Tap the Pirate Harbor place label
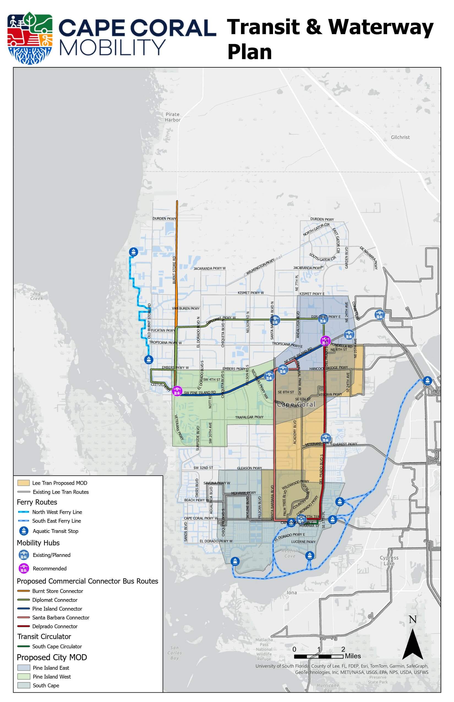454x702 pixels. [173, 117]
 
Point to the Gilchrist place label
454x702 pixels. [400, 137]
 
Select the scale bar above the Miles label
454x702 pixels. [319, 657]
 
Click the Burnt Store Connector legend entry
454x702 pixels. [58, 591]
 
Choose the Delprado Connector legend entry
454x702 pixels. [55, 627]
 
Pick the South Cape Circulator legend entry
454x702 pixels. [57, 647]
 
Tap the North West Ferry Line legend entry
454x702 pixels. [57, 512]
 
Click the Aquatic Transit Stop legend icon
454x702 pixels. [24, 531]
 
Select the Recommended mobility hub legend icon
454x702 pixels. [24, 568]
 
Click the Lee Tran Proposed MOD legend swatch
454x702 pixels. [24, 483]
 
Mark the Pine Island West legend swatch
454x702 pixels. [24, 677]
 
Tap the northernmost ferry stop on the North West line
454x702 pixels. [133, 252]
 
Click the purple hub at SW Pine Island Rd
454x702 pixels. [177, 391]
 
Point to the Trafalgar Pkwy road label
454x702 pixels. [249, 417]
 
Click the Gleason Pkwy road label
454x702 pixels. [249, 468]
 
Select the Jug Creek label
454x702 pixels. [37, 296]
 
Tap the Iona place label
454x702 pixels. [292, 592]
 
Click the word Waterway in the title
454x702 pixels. [381, 27]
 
